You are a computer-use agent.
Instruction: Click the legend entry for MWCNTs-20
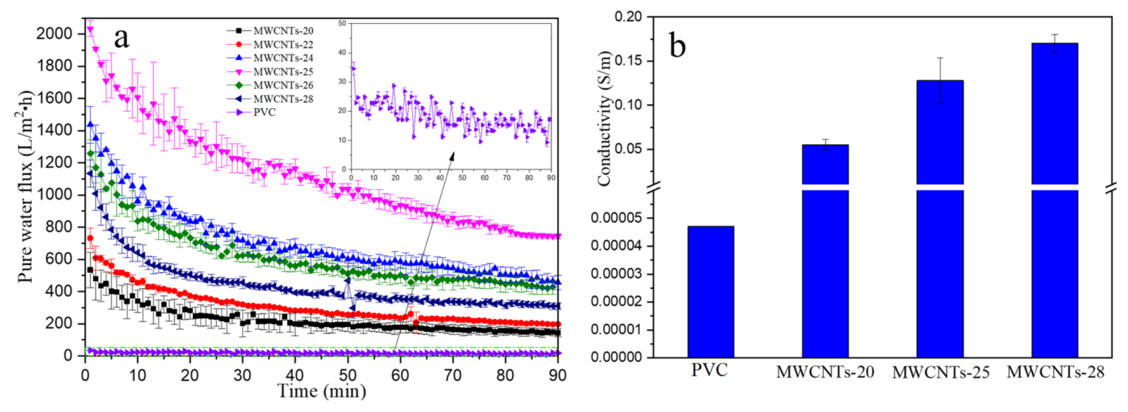(283, 31)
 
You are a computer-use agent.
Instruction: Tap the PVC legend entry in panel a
(264, 113)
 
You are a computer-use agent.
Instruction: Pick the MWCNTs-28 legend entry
(283, 99)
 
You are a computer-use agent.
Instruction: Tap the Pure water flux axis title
(25, 187)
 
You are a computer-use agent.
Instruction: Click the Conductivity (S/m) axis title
(604, 119)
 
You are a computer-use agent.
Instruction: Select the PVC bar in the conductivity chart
(710, 292)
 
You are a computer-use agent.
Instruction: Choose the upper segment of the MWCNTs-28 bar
(1055, 114)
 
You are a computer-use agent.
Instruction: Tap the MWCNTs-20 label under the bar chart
(825, 372)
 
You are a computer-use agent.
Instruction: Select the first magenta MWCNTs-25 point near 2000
(90, 30)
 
